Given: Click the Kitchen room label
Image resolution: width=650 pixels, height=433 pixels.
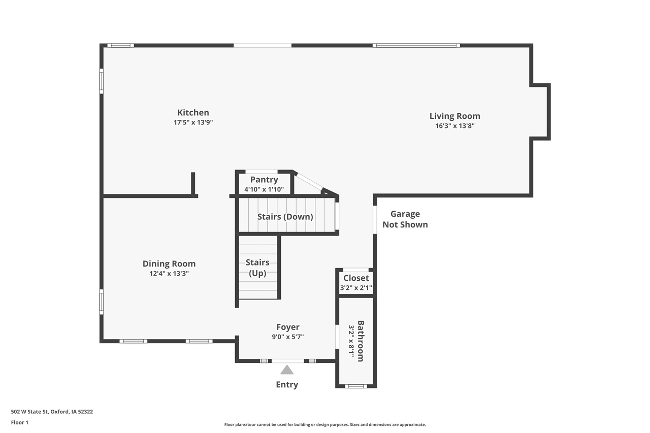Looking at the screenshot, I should click(193, 113).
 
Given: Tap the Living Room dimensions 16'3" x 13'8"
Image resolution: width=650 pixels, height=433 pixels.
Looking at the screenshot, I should click(454, 126).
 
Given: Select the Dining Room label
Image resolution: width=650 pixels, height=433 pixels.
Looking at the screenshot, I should click(169, 263).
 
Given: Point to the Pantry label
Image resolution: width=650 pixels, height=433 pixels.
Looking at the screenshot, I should click(264, 180).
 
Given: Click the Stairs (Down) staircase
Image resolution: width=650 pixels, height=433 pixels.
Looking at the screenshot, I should click(285, 216).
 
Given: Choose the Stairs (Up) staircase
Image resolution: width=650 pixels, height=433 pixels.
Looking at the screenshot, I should click(258, 268).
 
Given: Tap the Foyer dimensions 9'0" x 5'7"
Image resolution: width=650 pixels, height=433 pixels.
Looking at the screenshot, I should click(287, 337).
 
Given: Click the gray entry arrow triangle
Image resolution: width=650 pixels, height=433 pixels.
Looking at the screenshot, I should click(287, 370).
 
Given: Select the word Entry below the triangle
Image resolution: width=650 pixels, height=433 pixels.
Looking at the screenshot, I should click(287, 385).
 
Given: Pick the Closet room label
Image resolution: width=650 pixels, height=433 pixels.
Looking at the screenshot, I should click(356, 278).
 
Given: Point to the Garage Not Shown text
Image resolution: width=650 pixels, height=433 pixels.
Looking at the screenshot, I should click(405, 219).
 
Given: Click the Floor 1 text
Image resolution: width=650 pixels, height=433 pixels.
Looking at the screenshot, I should click(20, 422).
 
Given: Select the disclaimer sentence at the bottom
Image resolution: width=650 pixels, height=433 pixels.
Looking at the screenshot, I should click(325, 424).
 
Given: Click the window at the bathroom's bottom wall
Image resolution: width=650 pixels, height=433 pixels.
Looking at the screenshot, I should click(355, 386).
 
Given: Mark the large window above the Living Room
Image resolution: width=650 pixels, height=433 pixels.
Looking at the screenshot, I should click(416, 46).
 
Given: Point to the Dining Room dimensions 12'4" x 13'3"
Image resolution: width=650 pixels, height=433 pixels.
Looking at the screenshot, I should click(169, 274).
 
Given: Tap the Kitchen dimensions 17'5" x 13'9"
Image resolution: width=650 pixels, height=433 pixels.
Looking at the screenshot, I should click(193, 122).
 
